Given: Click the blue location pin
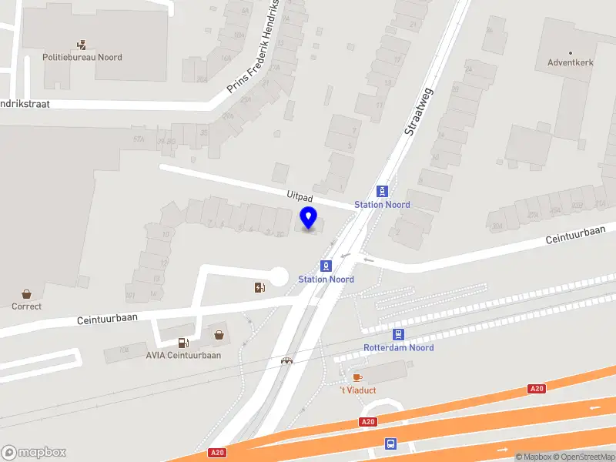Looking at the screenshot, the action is (309, 218).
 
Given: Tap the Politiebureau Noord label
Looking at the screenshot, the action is (82, 58).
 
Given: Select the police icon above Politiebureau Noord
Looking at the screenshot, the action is (82, 45).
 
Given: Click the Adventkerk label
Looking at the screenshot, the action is (570, 63).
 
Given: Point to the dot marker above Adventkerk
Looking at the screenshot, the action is (570, 52).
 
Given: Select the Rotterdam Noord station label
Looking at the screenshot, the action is (398, 348).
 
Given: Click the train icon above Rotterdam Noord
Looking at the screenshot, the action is (398, 334).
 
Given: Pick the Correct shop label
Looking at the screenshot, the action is (27, 306).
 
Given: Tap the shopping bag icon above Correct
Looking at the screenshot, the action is (27, 293).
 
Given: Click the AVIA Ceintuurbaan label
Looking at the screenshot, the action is (183, 356).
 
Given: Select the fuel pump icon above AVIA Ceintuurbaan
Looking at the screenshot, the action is (183, 343).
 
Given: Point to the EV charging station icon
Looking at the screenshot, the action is (259, 288).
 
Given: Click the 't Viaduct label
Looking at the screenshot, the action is (358, 390).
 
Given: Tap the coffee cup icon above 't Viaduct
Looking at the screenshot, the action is (357, 377).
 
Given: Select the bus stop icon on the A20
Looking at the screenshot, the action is (390, 444).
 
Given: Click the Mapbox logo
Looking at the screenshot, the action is (34, 453).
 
